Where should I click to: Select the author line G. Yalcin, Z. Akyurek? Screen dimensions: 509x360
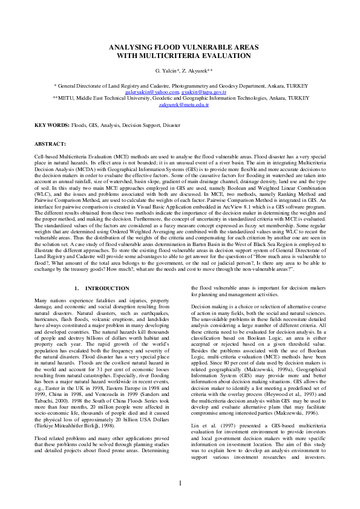(x=180, y=71)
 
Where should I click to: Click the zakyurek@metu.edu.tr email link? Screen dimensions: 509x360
(x=180, y=104)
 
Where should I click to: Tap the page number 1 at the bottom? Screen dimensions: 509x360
(x=180, y=482)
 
